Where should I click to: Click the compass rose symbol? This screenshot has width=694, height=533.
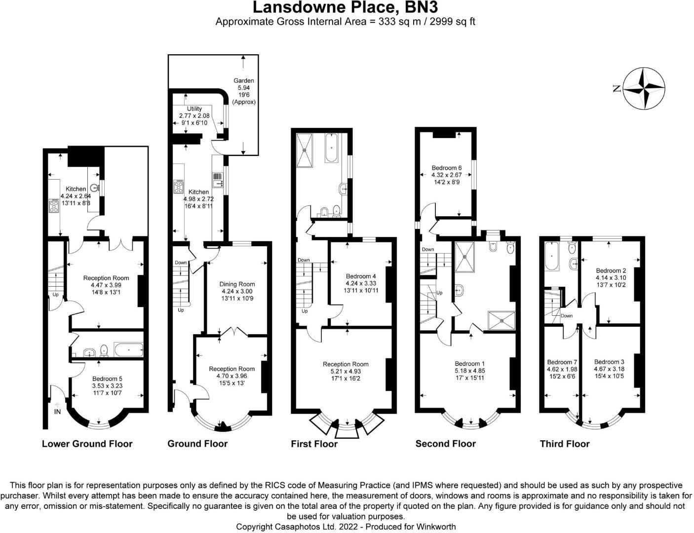point(644,88)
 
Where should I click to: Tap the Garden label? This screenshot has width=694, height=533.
point(244,80)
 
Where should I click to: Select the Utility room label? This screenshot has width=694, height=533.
point(194,109)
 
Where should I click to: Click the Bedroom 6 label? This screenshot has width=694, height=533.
point(447,168)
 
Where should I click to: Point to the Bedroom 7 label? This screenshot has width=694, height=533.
point(562,362)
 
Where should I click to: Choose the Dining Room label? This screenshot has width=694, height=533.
point(237,284)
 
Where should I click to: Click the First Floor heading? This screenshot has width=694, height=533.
point(314,444)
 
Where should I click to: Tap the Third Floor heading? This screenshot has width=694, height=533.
point(565,444)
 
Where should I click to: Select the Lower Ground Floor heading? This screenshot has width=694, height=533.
point(87,444)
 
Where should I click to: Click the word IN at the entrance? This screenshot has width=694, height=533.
point(57,412)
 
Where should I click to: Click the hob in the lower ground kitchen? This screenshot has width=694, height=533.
point(53,205)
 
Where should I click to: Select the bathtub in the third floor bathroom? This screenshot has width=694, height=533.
point(552,257)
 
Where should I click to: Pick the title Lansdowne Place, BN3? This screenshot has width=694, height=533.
point(345,8)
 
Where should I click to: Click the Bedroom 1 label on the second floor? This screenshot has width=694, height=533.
point(466,364)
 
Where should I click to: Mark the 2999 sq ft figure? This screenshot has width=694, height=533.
point(449,22)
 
